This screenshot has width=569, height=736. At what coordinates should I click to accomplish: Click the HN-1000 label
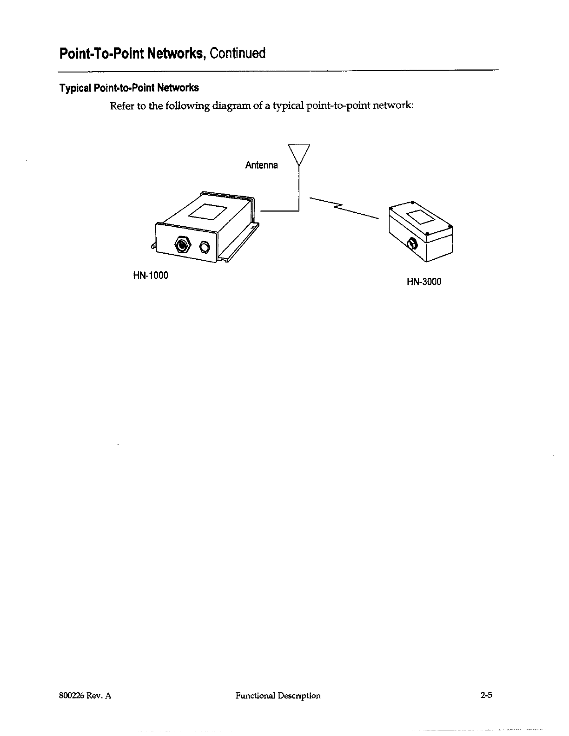tap(150, 275)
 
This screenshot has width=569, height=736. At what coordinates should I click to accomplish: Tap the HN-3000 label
tap(423, 282)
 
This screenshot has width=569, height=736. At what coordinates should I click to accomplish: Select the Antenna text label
tap(261, 165)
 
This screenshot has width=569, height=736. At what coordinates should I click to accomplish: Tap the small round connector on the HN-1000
tap(205, 246)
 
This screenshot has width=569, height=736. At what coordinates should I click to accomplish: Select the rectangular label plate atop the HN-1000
tap(207, 212)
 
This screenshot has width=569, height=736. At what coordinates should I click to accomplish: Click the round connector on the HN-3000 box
tap(411, 243)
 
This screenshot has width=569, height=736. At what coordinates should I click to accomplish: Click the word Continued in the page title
tap(237, 54)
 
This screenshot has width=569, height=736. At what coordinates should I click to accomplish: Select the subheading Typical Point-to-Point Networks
tap(129, 88)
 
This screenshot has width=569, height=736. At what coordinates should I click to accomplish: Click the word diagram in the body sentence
tap(230, 106)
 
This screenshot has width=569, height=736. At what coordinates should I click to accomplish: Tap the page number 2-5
tap(486, 696)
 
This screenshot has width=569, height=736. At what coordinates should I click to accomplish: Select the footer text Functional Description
tap(278, 696)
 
